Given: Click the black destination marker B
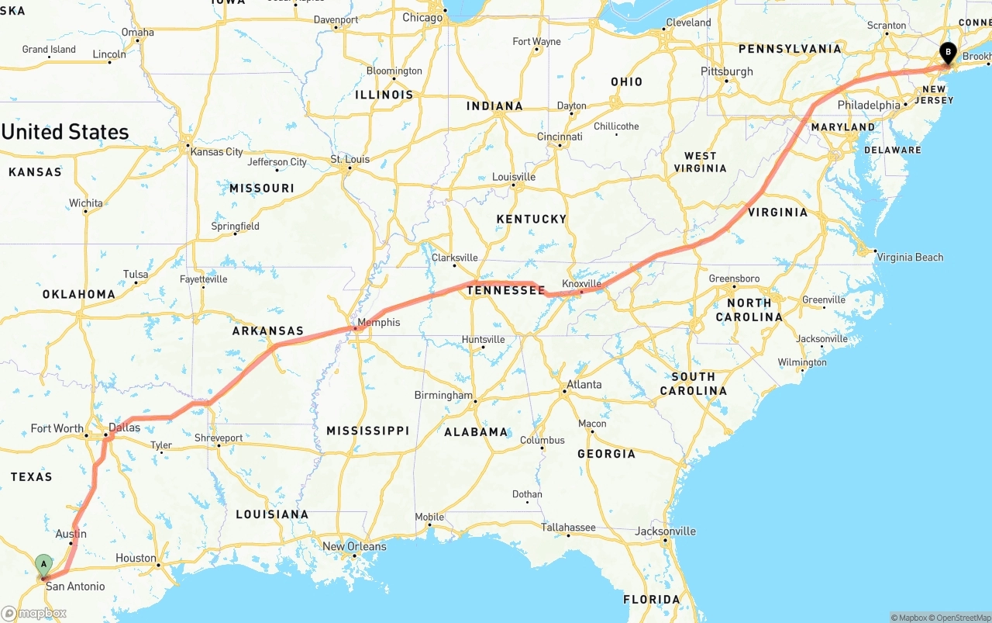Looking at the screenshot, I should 947,54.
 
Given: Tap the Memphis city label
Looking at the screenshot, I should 378,322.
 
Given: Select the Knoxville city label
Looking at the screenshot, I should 581,284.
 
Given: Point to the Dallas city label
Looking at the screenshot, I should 125,427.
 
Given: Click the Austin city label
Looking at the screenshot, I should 71,534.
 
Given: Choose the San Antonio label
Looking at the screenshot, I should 75,586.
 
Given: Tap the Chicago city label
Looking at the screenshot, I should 422,17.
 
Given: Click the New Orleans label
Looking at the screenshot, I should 354,546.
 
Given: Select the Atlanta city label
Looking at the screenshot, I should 584,384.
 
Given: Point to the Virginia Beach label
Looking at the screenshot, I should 910,257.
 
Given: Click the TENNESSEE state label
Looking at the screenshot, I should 506,290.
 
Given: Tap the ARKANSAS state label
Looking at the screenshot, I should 267,331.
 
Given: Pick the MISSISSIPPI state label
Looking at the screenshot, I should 367,431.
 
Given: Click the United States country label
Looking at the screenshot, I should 65,132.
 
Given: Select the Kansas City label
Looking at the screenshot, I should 217,152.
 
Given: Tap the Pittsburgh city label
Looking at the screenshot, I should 727,71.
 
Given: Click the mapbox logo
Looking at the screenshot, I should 34,613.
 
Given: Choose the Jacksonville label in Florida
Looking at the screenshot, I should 665,531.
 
